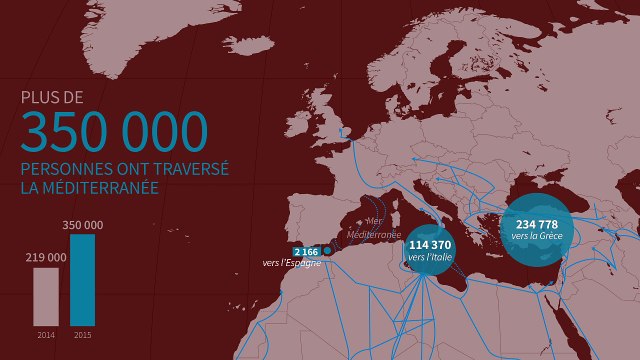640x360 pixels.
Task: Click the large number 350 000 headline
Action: click(x=114, y=132)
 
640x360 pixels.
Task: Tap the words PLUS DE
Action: click(x=53, y=98)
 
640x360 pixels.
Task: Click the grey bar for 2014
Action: click(x=46, y=296)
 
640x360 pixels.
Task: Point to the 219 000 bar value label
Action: click(x=46, y=258)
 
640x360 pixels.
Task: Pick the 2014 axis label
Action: click(x=46, y=333)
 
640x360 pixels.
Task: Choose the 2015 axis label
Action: click(x=83, y=333)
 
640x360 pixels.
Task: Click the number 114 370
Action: click(x=431, y=245)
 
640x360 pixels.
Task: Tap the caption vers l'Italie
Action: click(x=431, y=257)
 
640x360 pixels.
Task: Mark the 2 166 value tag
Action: click(x=306, y=251)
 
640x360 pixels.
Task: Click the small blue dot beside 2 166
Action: click(x=327, y=250)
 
